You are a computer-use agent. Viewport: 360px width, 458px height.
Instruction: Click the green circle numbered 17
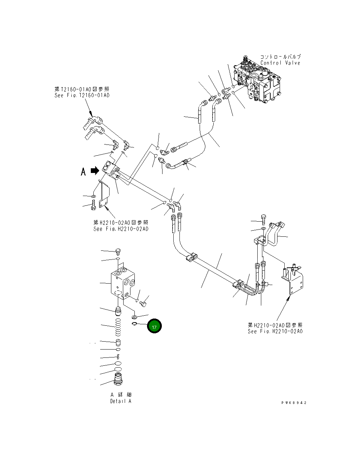154,326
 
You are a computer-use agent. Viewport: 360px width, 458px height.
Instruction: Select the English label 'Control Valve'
280,63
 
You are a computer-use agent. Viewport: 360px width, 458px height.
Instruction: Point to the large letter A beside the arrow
83,172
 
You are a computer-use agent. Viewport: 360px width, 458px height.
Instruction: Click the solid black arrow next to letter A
95,170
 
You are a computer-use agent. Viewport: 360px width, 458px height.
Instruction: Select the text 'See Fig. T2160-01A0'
82,95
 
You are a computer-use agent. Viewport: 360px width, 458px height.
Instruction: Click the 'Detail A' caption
121,401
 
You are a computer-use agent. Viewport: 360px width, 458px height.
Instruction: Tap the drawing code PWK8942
294,403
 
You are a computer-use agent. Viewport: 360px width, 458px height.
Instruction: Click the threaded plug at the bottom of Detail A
118,379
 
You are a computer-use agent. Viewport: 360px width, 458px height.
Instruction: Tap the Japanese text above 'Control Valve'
280,57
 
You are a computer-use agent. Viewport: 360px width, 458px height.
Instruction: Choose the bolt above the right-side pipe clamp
263,218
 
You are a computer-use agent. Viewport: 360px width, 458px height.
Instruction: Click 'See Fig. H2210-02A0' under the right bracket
275,331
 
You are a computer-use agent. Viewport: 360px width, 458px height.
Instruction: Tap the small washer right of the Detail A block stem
134,317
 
